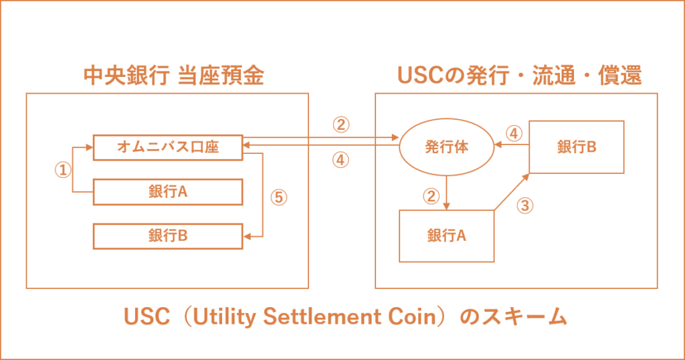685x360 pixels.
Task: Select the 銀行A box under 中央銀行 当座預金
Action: pyautogui.click(x=167, y=192)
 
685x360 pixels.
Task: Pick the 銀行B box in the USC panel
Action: pyautogui.click(x=577, y=148)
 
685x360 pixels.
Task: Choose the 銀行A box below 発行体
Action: pyautogui.click(x=446, y=236)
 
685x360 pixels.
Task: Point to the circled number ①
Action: pyautogui.click(x=62, y=170)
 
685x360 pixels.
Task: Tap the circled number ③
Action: pyautogui.click(x=526, y=205)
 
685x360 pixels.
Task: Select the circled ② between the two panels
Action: pyautogui.click(x=341, y=124)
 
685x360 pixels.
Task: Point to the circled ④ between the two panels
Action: pyautogui.click(x=341, y=161)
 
